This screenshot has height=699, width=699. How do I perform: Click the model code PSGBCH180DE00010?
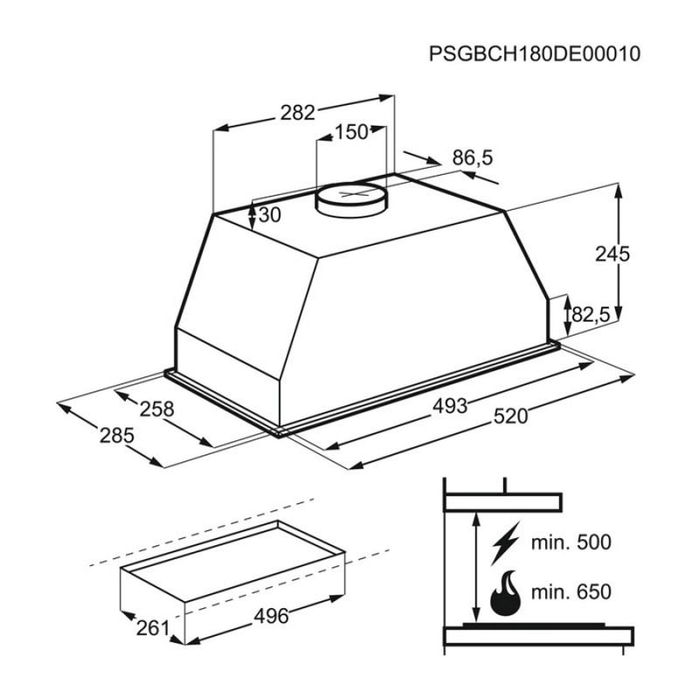coord(535,53)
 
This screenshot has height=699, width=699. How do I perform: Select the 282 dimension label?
coord(297,113)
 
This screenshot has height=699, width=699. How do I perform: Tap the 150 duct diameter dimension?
coord(351,132)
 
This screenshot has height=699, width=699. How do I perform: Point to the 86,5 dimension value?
coord(473,158)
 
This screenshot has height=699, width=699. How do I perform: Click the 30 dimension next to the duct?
coord(270,215)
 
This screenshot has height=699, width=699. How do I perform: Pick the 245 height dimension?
coord(612,254)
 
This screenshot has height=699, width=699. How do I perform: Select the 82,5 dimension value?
coord(591,315)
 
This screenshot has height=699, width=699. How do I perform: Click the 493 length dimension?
coord(450,406)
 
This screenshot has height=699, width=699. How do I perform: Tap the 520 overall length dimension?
coord(511,417)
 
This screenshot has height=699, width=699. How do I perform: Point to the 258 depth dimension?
coord(157,409)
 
